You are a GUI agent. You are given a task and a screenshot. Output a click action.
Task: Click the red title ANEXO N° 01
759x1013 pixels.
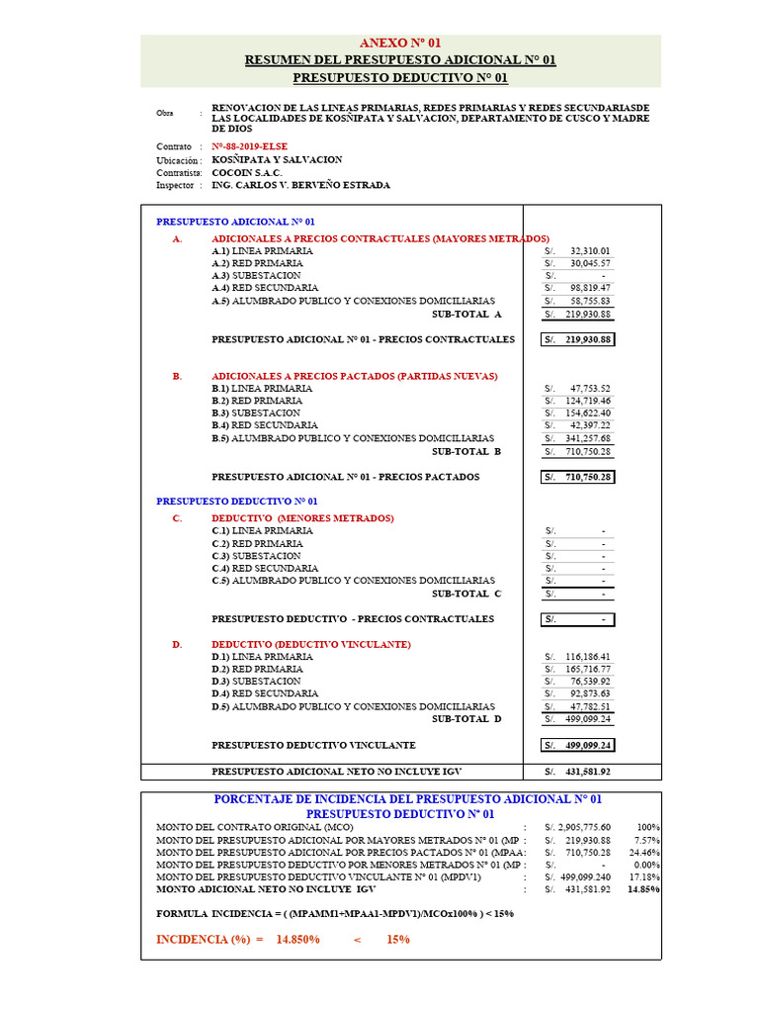click(400, 44)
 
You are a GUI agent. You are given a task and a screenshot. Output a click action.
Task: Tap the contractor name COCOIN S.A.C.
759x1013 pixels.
click(247, 172)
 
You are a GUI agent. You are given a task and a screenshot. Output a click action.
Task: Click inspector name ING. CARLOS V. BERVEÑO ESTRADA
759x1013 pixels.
click(300, 185)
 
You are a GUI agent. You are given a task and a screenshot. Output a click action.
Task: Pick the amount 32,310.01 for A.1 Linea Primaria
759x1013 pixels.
click(590, 251)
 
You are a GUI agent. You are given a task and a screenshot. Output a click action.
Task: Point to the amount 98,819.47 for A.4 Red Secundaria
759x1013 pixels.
click(590, 288)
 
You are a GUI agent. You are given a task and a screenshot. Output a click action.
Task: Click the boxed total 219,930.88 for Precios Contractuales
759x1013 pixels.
click(589, 339)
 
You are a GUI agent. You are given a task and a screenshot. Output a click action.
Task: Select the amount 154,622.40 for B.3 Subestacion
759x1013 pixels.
click(587, 414)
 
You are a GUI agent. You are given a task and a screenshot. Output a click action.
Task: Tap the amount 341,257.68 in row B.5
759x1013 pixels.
click(587, 438)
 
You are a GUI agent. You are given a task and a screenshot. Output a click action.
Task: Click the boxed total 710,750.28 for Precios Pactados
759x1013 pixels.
click(589, 477)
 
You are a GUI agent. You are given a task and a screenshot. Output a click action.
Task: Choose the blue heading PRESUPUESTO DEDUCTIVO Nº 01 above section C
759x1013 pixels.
click(236, 502)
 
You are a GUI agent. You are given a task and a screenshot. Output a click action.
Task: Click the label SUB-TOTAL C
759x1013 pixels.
click(466, 594)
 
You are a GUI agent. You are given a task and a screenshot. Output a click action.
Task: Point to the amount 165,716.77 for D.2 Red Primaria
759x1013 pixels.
click(589, 670)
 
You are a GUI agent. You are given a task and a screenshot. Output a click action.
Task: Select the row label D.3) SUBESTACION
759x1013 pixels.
click(256, 682)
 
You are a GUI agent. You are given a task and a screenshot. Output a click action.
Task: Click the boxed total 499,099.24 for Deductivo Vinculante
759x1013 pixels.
click(589, 745)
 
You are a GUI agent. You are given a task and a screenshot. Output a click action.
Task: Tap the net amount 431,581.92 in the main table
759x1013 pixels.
click(589, 772)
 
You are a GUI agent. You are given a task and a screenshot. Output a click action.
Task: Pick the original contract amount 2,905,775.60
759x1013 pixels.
click(583, 827)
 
